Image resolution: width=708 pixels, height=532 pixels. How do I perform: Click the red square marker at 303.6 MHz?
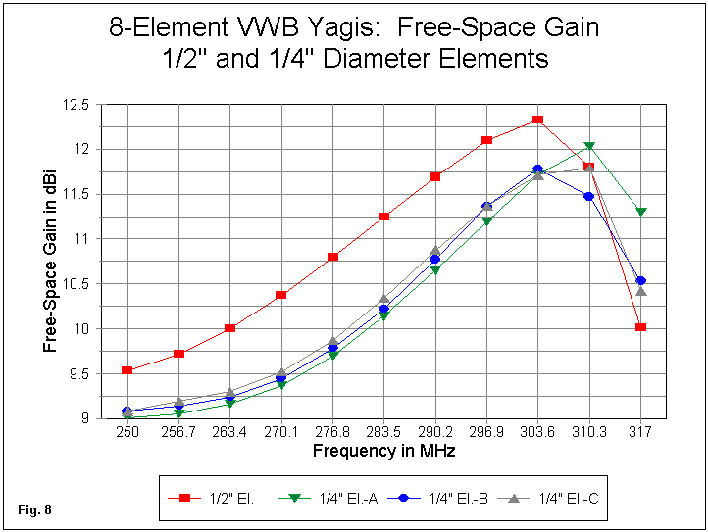[537, 120]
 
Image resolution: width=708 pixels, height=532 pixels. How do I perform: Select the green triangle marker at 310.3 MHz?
[589, 147]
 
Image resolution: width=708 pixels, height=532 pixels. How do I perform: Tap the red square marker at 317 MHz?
[640, 326]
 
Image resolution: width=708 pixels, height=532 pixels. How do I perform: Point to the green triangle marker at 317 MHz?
[640, 212]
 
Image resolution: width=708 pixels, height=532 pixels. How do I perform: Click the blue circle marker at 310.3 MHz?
[589, 196]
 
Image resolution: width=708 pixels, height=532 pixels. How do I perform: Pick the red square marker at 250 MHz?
[127, 370]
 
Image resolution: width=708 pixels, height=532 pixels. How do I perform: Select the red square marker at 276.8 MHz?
[333, 257]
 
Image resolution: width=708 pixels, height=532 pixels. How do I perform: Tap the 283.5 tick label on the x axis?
[383, 432]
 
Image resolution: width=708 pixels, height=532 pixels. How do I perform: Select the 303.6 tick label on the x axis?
[537, 432]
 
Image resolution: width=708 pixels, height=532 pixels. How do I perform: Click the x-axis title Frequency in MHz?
[383, 451]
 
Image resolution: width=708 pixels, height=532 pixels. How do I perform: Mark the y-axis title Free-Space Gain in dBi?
[51, 262]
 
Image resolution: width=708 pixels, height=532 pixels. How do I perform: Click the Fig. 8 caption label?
[32, 509]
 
